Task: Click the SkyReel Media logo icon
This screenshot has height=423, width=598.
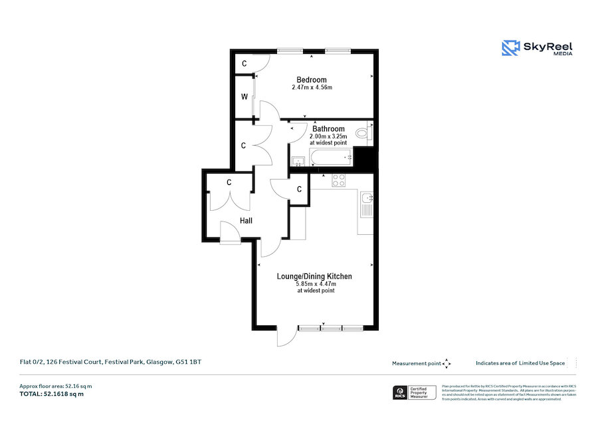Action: (510, 48)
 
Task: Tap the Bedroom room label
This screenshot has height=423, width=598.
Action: (312, 80)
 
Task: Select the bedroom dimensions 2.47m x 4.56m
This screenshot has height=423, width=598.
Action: (312, 88)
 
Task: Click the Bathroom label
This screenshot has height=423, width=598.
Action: (328, 129)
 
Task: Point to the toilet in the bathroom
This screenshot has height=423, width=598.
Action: (363, 134)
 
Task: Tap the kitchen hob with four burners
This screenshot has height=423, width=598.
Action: (339, 179)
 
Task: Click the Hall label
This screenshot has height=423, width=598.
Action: (246, 221)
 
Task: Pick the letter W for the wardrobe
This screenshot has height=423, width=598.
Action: (245, 97)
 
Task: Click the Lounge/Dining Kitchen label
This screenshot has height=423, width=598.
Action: (314, 276)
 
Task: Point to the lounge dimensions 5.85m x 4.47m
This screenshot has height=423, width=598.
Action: (316, 284)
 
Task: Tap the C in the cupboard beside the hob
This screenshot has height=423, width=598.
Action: (300, 189)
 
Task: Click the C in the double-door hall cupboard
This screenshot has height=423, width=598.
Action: (229, 182)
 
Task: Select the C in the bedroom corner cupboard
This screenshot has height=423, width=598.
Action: (245, 64)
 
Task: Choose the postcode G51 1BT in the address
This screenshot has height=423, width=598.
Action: (187, 362)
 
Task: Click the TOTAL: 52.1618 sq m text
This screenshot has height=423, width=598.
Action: (52, 394)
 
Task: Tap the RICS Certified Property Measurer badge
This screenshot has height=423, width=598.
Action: (416, 392)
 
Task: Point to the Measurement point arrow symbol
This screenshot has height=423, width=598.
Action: (447, 363)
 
